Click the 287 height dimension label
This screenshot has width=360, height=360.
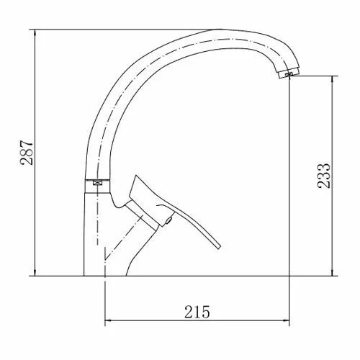(x=27, y=153)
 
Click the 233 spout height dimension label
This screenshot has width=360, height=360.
(x=324, y=176)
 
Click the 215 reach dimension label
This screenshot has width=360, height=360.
(x=197, y=312)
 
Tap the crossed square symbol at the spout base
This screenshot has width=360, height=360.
(x=97, y=183)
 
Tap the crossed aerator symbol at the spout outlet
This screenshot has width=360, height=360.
(x=289, y=74)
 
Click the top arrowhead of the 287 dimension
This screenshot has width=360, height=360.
(x=35, y=33)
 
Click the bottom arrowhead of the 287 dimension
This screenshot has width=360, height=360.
(x=35, y=272)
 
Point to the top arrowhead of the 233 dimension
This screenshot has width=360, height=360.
(x=332, y=80)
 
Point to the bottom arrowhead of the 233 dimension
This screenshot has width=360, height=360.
(x=332, y=272)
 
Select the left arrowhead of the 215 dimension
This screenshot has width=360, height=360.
(x=109, y=320)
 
